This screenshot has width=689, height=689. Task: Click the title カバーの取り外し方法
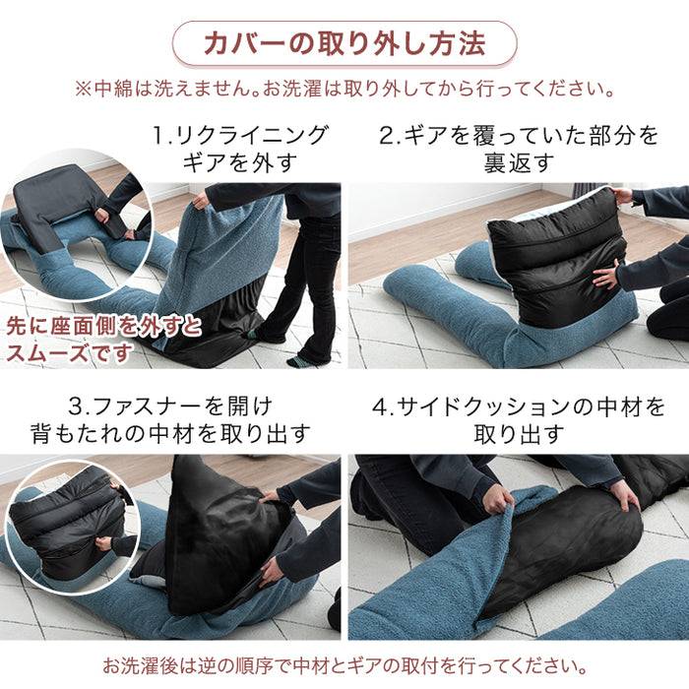pyautogui.click(x=344, y=44)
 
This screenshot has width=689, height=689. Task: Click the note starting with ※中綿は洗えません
pyautogui.click(x=344, y=89)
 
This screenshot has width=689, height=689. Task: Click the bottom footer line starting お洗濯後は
pyautogui.click(x=344, y=665)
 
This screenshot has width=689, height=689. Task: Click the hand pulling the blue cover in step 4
pyautogui.click(x=497, y=498)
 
